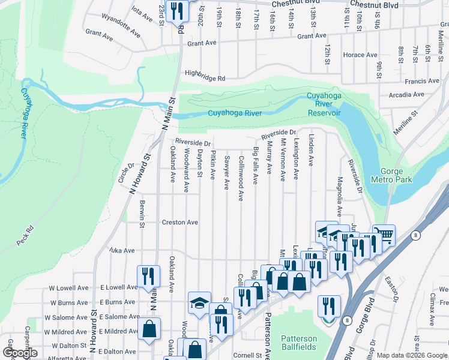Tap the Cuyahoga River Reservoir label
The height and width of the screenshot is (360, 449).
pyautogui.click(x=324, y=104)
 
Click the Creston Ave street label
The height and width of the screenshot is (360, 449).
pyautogui.click(x=179, y=222)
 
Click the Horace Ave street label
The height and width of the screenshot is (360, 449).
pyautogui.click(x=360, y=55)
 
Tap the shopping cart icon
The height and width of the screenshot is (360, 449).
pyautogui.click(x=384, y=233)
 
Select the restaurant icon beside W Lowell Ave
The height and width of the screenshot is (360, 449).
pyautogui.click(x=148, y=275)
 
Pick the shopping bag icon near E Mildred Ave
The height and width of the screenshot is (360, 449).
pyautogui.click(x=149, y=329)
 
